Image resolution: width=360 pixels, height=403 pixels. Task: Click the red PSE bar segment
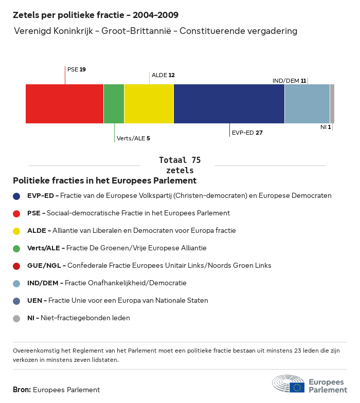(65, 104)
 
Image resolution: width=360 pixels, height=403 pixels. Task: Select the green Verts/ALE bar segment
(114, 104)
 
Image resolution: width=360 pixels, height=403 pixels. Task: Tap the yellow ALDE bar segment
(149, 104)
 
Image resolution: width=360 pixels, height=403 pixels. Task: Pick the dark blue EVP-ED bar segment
(229, 104)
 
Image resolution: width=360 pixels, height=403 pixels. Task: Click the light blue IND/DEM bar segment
(308, 104)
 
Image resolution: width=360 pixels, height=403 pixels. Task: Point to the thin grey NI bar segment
(332, 104)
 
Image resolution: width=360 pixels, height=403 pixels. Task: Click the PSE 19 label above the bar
(76, 69)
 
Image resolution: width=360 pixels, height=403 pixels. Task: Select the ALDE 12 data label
(163, 75)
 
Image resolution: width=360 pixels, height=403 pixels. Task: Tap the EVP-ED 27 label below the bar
(247, 133)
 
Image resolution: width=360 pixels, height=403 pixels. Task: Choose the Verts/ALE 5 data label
(133, 138)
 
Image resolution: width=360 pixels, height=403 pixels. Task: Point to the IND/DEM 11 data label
(289, 81)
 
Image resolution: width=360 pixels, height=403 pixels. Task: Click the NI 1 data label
(326, 127)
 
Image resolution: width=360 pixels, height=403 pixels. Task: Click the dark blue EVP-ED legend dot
(16, 196)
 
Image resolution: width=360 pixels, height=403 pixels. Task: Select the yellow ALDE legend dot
(16, 231)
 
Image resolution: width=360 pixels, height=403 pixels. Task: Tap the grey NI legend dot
(16, 319)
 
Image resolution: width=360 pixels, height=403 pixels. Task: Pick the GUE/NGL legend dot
(16, 266)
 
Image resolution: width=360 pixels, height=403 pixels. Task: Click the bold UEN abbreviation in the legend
(35, 300)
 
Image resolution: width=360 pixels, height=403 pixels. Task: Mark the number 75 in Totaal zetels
(196, 160)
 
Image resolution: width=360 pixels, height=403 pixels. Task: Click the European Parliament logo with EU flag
(310, 383)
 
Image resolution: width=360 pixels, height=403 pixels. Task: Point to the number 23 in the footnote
(297, 351)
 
